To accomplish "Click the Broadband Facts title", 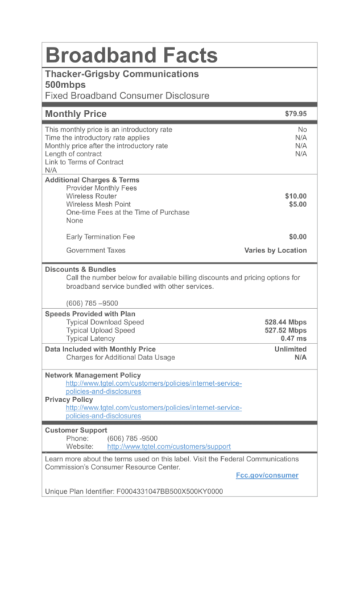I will [131, 55].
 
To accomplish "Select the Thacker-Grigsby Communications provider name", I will [122, 74].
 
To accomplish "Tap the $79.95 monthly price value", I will [296, 114].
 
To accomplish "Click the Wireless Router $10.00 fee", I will [296, 196].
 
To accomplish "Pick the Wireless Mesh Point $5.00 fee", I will [297, 204].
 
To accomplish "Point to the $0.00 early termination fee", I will [297, 237].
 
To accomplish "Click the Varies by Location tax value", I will [275, 250].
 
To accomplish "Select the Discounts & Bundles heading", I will [80, 269].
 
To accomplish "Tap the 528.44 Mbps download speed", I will [285, 322].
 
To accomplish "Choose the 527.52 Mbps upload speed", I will [285, 331].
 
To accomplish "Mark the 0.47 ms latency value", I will [293, 339].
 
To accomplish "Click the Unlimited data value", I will [290, 349].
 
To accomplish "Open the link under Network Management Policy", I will [154, 387].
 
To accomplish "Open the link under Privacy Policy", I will [154, 411].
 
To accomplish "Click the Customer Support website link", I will [169, 447].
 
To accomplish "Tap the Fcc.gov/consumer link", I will [267, 475].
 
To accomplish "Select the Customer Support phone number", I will [133, 439].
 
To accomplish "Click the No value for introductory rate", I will [302, 130].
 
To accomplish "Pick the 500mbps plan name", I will [65, 85].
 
